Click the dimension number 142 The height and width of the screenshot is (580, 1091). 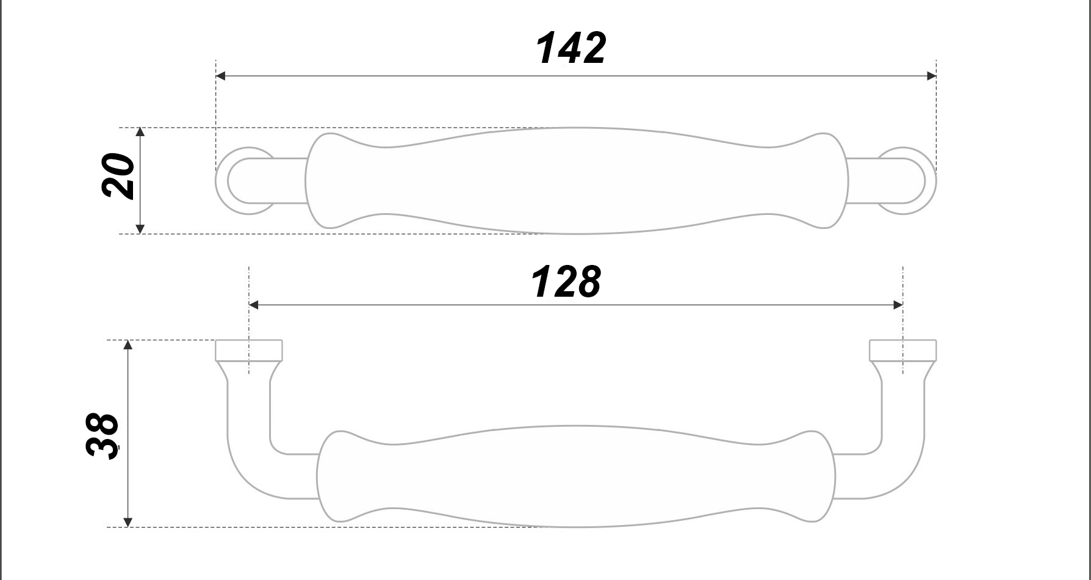point(571,48)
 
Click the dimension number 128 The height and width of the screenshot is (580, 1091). point(566,282)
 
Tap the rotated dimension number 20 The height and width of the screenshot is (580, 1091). point(118,176)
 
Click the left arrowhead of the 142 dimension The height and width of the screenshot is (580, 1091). point(221,76)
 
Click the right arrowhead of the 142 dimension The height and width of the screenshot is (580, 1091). point(931,76)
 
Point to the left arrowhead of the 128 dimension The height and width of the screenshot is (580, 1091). point(254,305)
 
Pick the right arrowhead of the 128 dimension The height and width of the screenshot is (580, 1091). point(898,305)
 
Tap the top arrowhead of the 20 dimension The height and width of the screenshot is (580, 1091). point(140,132)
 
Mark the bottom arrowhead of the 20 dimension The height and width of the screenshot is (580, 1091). point(140,229)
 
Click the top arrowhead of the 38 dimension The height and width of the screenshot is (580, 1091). point(128,345)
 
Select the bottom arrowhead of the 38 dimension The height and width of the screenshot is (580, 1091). point(128,522)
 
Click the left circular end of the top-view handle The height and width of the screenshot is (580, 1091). point(235,181)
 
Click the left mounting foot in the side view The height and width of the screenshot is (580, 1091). point(249,350)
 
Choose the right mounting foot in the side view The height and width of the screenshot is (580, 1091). point(903,350)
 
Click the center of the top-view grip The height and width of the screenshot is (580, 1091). point(577,181)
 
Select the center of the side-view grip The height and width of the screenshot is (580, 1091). point(577,476)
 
